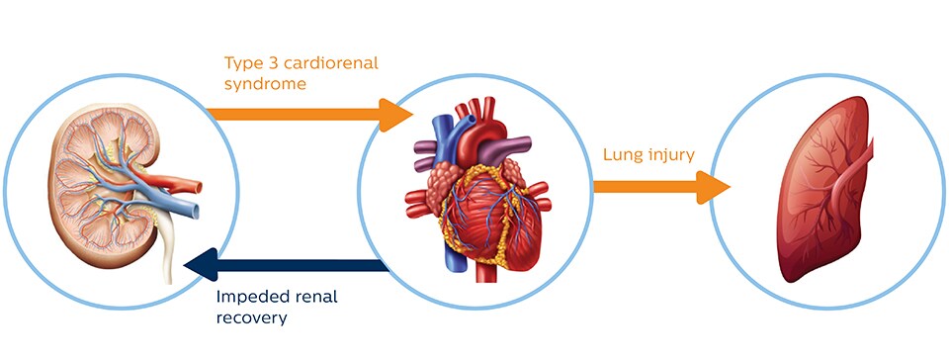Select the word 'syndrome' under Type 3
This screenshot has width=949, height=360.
pyautogui.click(x=264, y=86)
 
